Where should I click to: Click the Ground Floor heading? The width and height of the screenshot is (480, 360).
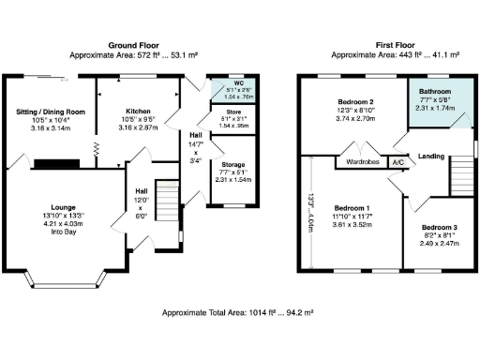coord(133,45)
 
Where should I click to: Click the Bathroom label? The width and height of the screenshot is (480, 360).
coord(434,92)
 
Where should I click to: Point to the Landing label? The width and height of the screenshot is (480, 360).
coord(430,156)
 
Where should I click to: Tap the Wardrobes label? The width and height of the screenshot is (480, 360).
coord(362,161)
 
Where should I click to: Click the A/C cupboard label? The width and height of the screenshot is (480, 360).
coord(397,161)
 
